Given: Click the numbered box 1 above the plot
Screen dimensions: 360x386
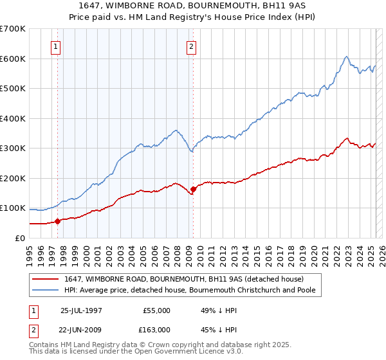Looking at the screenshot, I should (x=57, y=46).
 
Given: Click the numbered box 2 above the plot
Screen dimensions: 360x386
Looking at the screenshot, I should (x=192, y=46).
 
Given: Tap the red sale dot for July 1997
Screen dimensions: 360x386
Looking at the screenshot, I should (x=58, y=221).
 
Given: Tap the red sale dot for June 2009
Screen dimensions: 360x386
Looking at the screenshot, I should (x=193, y=189).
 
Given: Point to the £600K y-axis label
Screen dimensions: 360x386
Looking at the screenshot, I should (x=12, y=59).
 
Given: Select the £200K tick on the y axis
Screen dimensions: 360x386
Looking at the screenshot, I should (x=12, y=178).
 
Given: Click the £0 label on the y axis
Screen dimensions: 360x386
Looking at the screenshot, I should (x=20, y=238).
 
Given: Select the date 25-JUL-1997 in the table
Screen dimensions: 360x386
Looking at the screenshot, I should (x=80, y=310).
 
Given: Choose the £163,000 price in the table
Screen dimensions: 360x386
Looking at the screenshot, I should (x=156, y=330).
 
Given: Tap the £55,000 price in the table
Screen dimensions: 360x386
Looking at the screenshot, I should (x=156, y=310).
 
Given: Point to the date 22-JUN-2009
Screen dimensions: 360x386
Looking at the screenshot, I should (x=81, y=330).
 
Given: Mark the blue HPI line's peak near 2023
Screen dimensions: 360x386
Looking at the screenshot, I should (x=346, y=57).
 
